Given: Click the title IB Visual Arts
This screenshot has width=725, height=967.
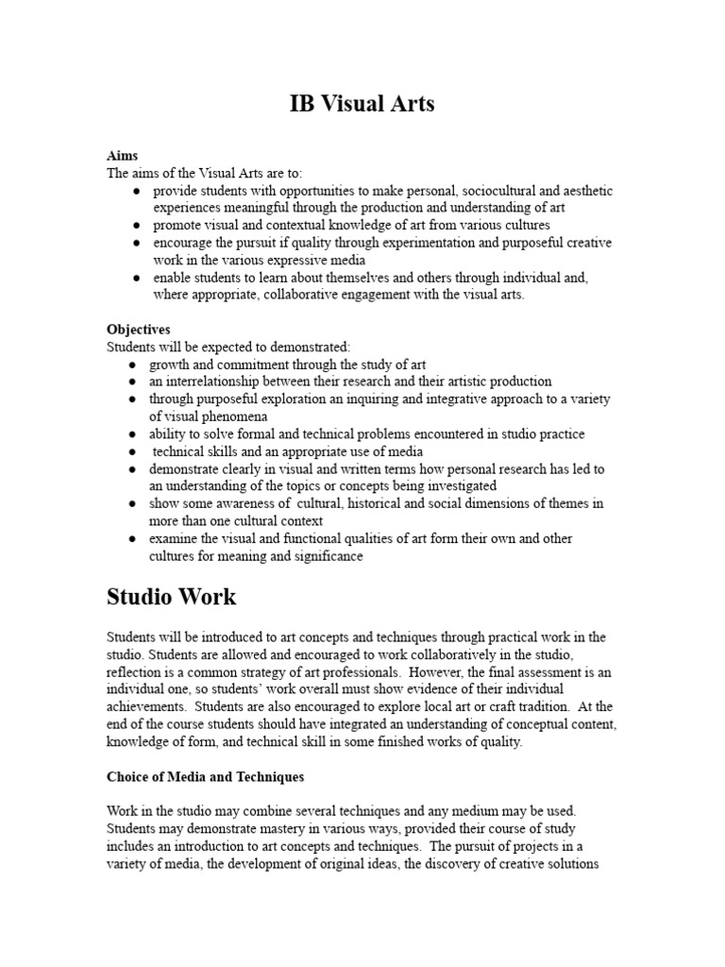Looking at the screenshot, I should [x=362, y=104].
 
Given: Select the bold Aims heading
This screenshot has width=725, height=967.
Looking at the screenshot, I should [x=122, y=156].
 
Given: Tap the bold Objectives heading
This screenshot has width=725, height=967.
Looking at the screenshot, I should [x=138, y=330].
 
